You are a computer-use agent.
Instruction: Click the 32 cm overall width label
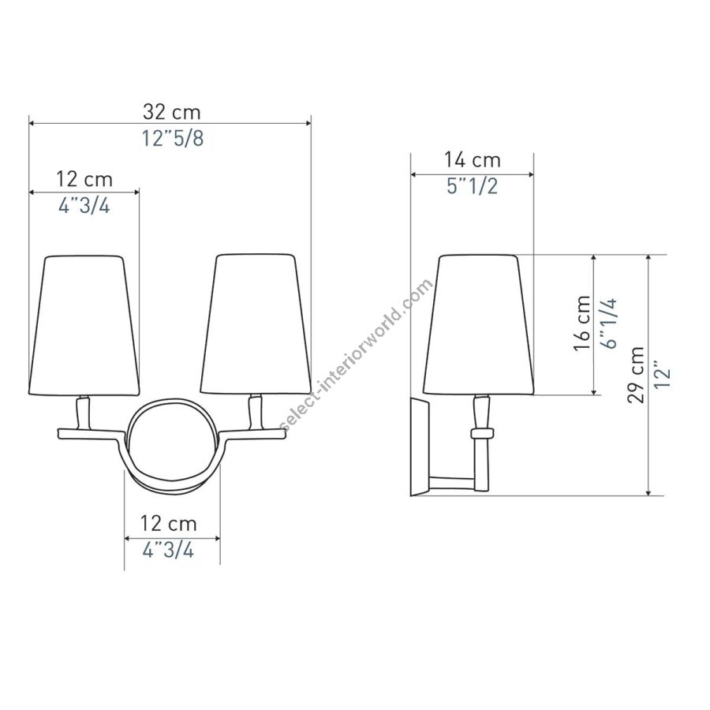click(x=172, y=112)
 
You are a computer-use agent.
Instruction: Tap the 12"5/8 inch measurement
click(x=173, y=138)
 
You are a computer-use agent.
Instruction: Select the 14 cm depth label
click(x=472, y=160)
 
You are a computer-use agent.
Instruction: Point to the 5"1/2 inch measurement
click(x=473, y=186)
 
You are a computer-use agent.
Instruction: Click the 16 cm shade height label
click(x=582, y=323)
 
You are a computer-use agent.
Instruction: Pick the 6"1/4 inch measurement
click(x=609, y=323)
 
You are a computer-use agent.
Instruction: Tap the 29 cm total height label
click(x=636, y=375)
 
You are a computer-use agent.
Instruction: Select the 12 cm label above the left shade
click(x=84, y=179)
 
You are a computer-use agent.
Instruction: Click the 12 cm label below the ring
click(x=169, y=524)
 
